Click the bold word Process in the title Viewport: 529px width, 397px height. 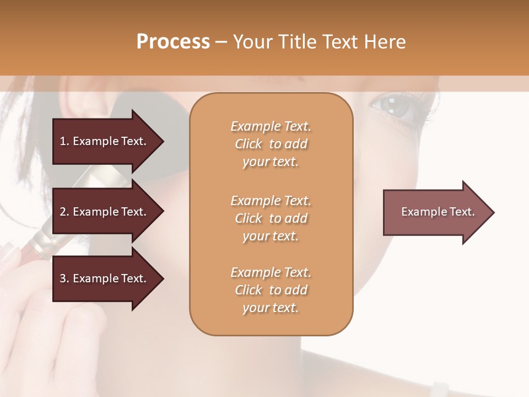[173, 42]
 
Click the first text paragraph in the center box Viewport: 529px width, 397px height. [271, 144]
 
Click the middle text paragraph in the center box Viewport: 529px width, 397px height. [271, 218]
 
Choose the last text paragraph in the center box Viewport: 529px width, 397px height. [271, 290]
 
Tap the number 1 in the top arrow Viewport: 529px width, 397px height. [63, 141]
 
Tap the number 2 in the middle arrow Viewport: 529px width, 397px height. [63, 212]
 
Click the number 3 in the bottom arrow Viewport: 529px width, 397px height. [63, 278]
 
